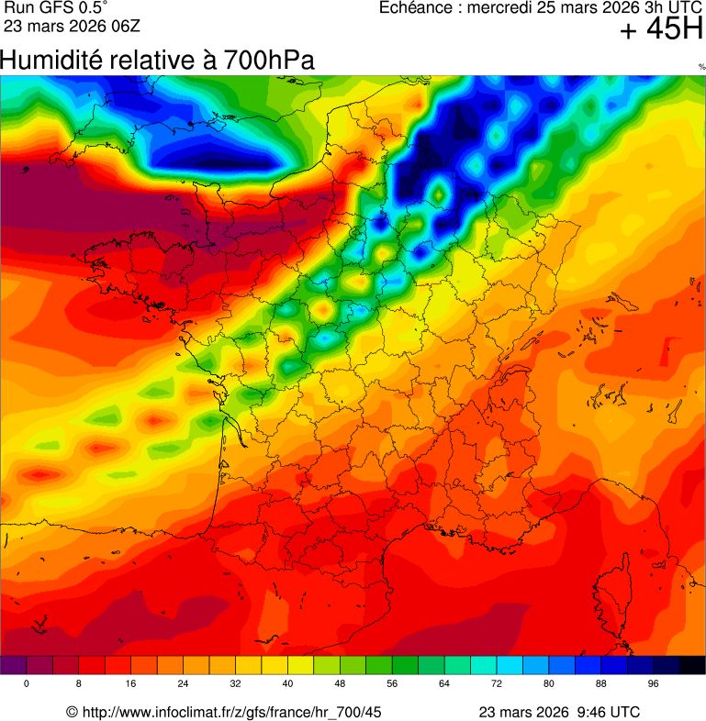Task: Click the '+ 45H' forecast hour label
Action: pyautogui.click(x=661, y=30)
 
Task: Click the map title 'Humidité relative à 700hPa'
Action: pyautogui.click(x=157, y=61)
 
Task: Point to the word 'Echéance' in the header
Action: pyautogui.click(x=414, y=8)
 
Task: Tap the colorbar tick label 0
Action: pyautogui.click(x=26, y=683)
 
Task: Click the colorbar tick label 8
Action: pyautogui.click(x=79, y=683)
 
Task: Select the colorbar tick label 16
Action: pyautogui.click(x=131, y=683)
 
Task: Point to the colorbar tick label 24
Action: pyautogui.click(x=184, y=683)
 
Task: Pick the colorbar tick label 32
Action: pyautogui.click(x=236, y=683)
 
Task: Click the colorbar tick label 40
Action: pyautogui.click(x=288, y=683)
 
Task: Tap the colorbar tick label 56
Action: pyautogui.click(x=393, y=683)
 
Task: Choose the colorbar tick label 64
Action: pyautogui.click(x=445, y=683)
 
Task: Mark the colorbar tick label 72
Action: pyautogui.click(x=497, y=683)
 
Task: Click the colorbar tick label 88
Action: pyautogui.click(x=601, y=683)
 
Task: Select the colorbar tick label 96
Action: pyautogui.click(x=654, y=683)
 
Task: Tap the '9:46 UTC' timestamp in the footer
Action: pyautogui.click(x=607, y=712)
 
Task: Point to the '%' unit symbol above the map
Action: pyautogui.click(x=701, y=67)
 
